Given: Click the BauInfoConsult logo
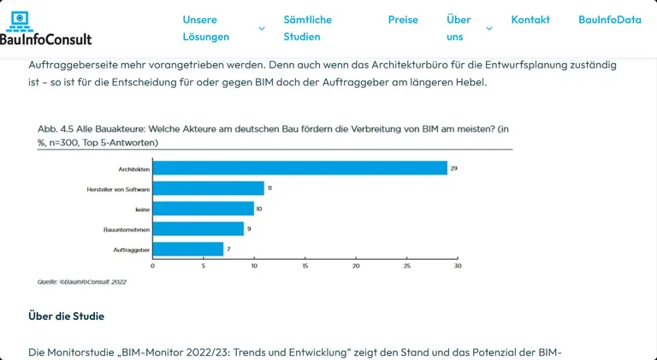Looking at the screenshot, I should click(x=46, y=27).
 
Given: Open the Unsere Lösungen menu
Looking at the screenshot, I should click(x=205, y=27).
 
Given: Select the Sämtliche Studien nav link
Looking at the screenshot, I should click(x=307, y=27).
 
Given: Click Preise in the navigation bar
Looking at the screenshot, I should click(x=403, y=19).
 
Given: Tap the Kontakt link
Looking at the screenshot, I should click(x=530, y=19).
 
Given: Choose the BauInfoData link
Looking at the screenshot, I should click(x=609, y=19).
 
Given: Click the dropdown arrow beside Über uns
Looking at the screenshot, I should click(x=489, y=28).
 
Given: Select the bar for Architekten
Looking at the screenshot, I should click(x=299, y=168).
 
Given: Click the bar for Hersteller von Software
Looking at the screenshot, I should click(x=208, y=188).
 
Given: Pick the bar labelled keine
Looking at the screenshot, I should click(x=203, y=209).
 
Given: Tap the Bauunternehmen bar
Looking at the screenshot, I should click(x=198, y=228).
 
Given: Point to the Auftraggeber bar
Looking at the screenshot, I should click(x=187, y=249).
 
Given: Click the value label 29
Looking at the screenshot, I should click(x=453, y=168).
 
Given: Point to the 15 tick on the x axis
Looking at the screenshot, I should click(x=305, y=266).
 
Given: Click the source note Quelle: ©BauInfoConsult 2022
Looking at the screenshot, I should click(x=81, y=281).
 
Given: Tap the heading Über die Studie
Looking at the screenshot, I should click(x=67, y=316).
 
